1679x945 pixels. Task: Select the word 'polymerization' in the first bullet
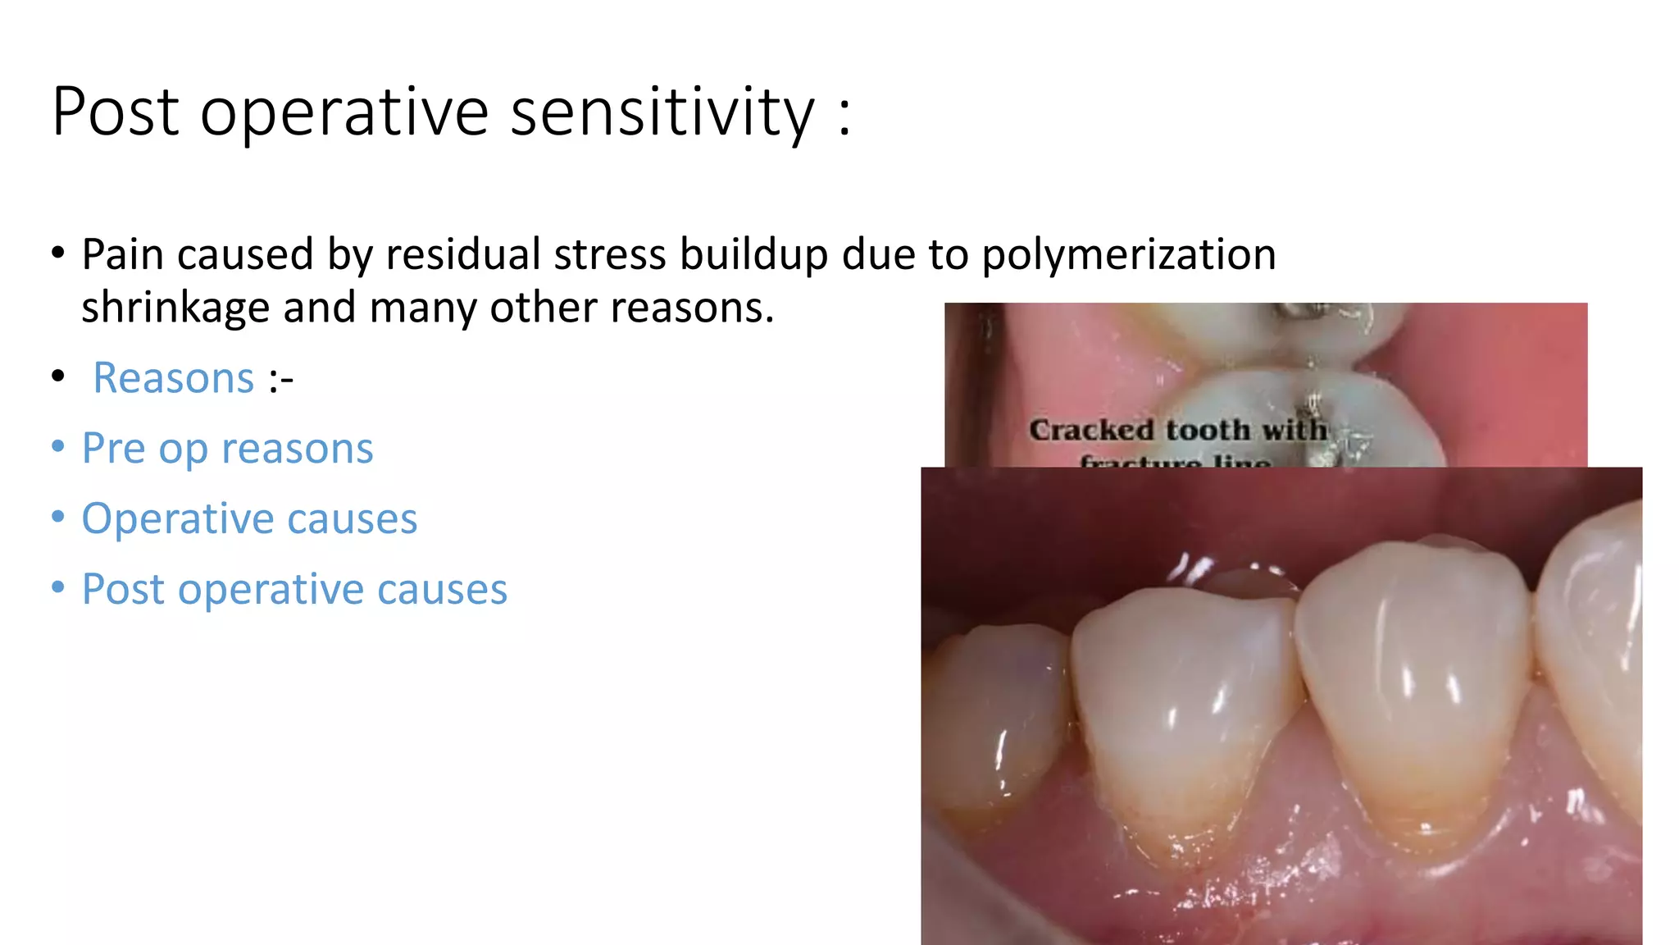click(1128, 254)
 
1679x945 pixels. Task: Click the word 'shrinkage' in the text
click(175, 308)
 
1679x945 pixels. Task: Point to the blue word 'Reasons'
click(174, 378)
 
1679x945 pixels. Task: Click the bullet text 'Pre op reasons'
click(227, 449)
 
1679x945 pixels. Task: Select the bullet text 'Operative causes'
click(249, 519)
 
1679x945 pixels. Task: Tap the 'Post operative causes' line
click(294, 590)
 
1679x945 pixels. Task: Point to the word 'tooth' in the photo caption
click(1208, 430)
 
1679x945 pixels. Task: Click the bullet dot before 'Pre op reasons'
click(57, 447)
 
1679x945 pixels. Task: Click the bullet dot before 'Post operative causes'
click(57, 588)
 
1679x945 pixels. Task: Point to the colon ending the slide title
click(844, 115)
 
